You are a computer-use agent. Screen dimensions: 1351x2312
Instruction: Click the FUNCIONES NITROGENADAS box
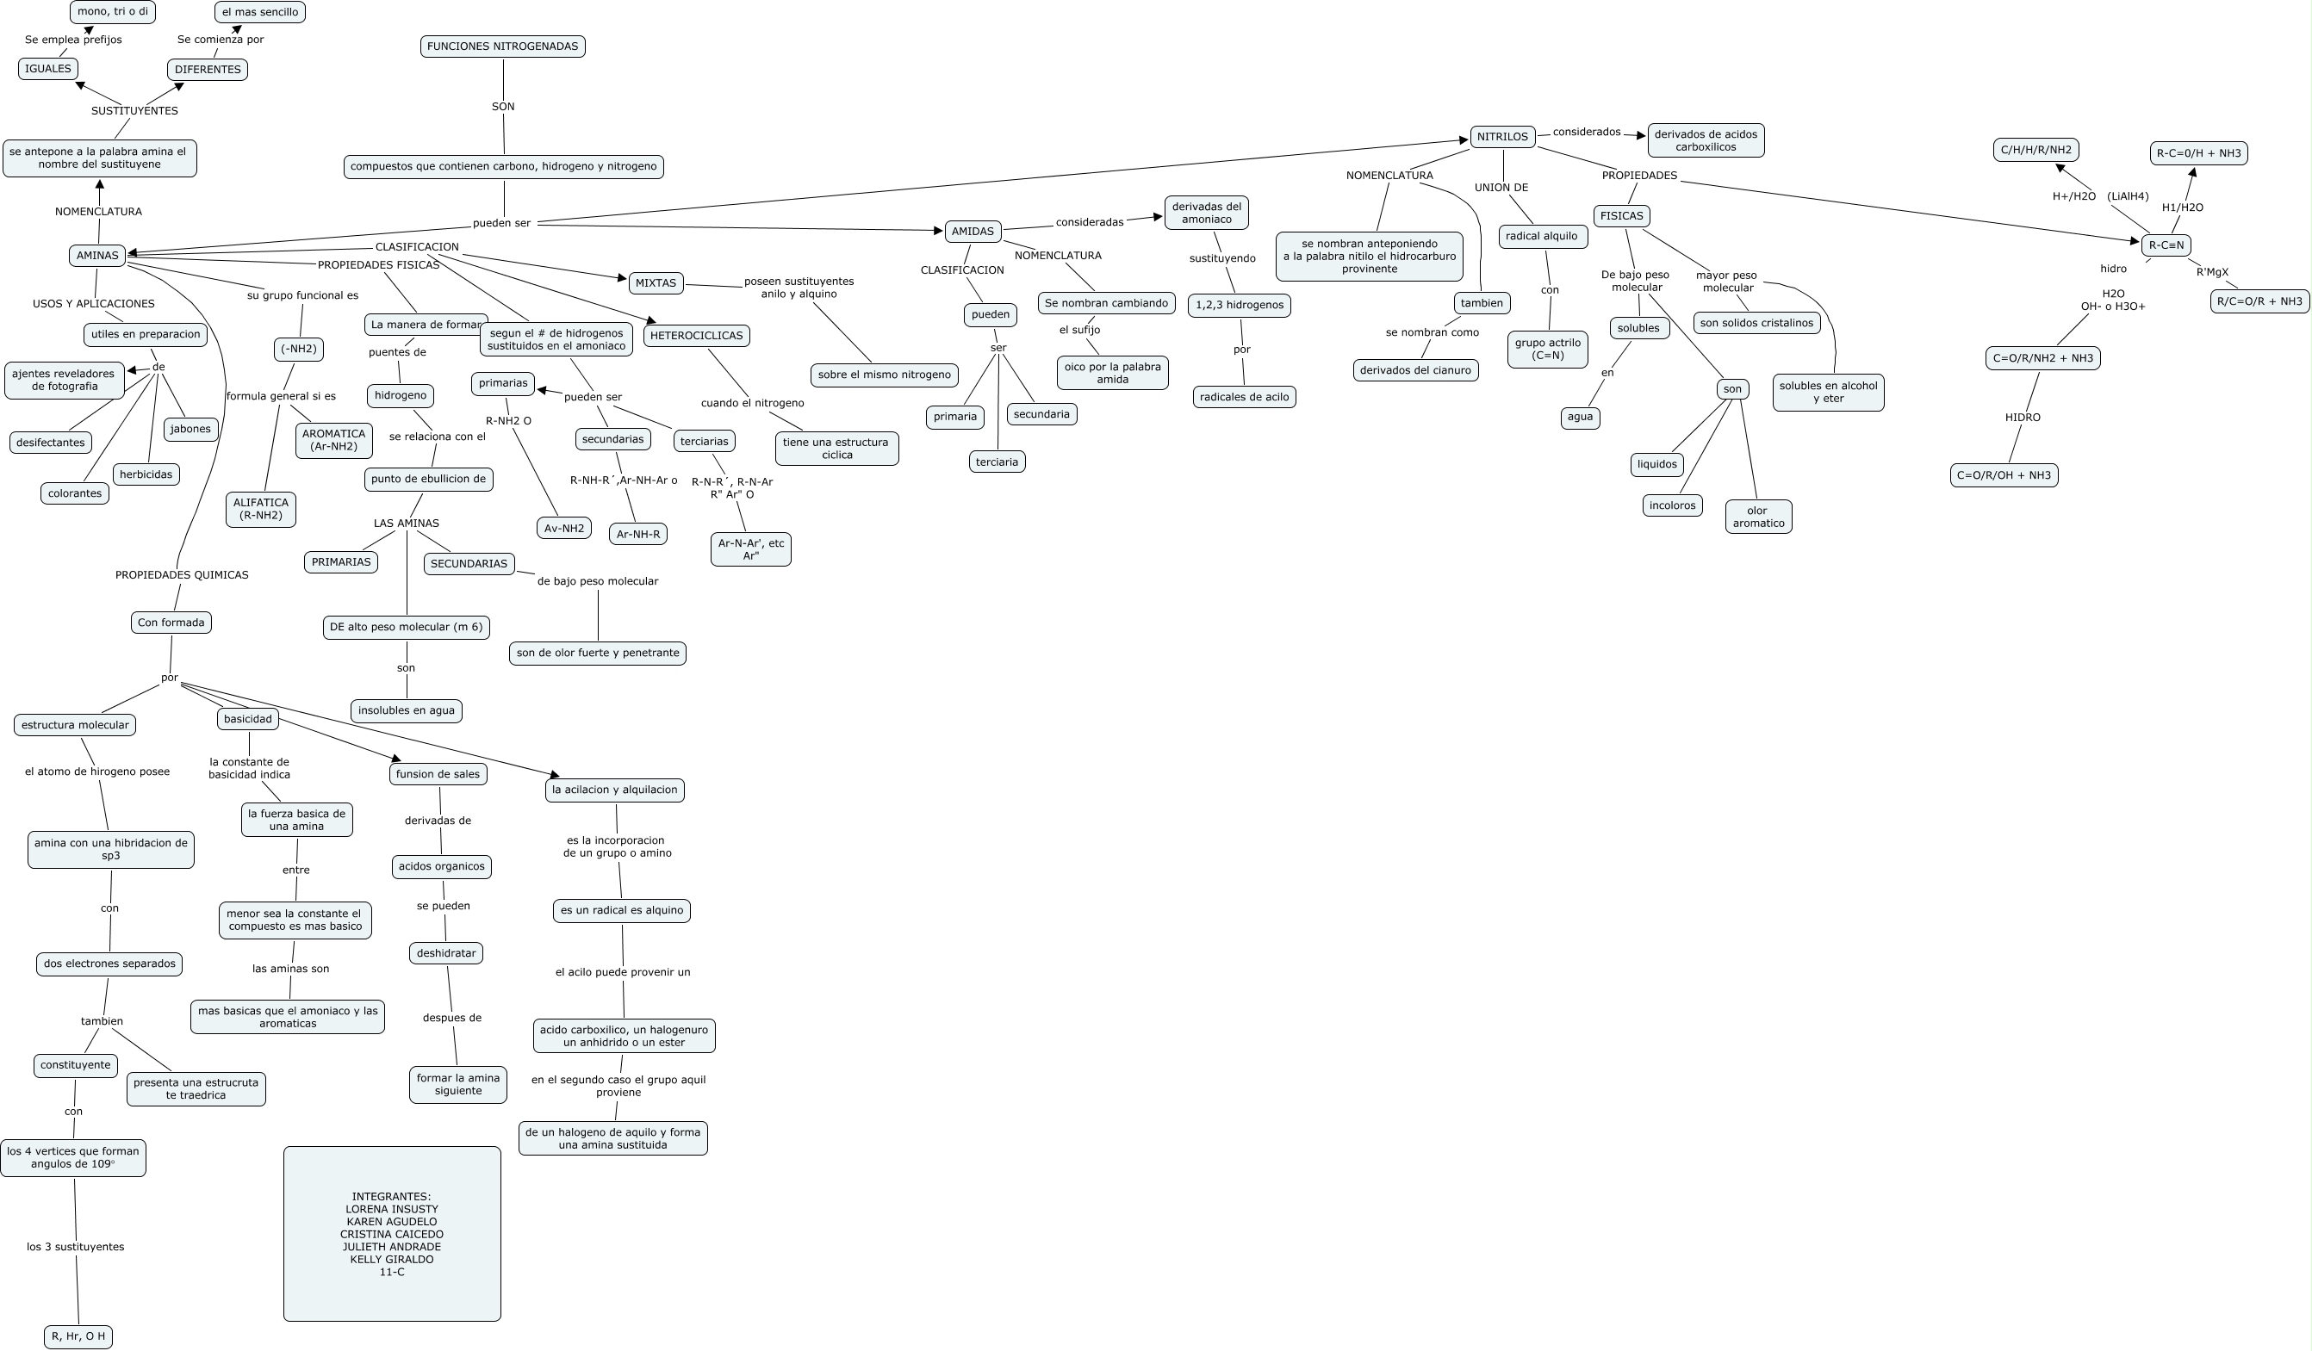(503, 46)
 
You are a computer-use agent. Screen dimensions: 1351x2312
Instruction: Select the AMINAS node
(97, 255)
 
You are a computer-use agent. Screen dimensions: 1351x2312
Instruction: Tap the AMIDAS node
(973, 231)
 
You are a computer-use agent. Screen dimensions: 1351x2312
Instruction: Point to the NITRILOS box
(1503, 137)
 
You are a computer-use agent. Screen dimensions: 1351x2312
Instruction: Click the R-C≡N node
(2166, 245)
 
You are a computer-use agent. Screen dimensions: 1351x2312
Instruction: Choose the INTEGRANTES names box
(392, 1234)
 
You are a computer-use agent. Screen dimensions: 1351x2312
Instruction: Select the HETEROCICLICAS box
(696, 336)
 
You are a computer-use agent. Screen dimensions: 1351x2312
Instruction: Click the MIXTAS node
(656, 283)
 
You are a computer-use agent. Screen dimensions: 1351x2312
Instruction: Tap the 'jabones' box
(191, 428)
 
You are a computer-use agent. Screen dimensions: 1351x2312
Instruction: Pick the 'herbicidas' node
(146, 474)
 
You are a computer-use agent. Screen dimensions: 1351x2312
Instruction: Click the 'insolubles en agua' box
(407, 710)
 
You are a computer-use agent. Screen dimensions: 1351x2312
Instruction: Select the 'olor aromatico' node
(1758, 517)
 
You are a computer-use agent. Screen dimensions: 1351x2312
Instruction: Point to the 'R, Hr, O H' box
(79, 1336)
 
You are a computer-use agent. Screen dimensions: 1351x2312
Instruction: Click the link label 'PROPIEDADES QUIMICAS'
(182, 575)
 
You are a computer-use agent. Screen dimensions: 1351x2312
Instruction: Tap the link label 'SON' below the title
(503, 107)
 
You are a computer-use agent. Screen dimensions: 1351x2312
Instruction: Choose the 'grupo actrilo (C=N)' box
(1548, 349)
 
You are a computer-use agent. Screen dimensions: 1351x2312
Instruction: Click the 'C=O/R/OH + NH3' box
(2004, 475)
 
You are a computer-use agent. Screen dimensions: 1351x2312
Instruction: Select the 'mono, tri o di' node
(113, 12)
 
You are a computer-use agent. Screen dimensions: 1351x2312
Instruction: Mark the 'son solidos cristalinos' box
(1756, 323)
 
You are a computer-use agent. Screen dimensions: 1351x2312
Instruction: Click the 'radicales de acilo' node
(1244, 397)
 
